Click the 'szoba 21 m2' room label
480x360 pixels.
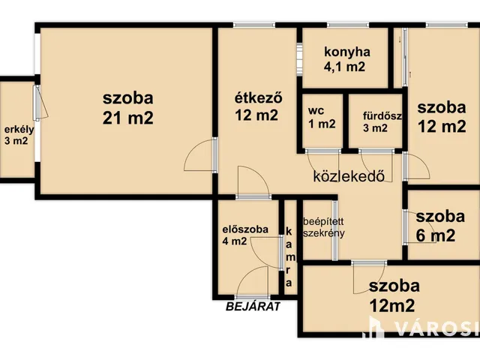tap(128, 107)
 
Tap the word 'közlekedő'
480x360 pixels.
tap(349, 177)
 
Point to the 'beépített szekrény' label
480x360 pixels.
tap(324, 227)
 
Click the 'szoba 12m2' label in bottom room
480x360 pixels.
tap(394, 295)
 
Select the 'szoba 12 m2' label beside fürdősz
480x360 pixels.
tap(442, 116)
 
